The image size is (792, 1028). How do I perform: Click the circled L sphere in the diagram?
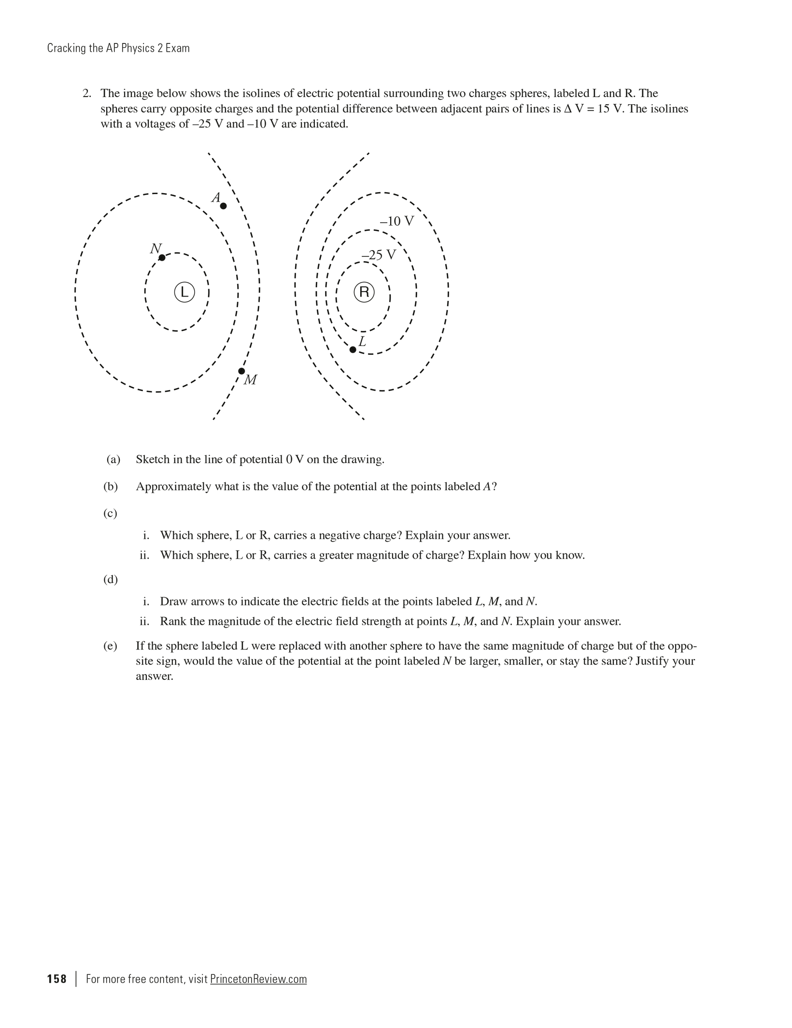184,292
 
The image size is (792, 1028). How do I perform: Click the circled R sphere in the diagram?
364,292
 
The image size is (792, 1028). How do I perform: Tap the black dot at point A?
223,206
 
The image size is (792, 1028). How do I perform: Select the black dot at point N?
162,258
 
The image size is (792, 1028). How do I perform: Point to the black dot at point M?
241,371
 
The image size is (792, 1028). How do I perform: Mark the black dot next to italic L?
353,350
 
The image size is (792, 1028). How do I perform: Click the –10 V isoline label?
396,221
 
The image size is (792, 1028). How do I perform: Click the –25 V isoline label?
379,254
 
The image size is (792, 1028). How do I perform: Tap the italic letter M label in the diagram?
250,380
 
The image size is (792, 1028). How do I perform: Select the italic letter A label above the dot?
216,197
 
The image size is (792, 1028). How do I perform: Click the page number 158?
57,979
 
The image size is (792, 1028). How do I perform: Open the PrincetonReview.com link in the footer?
258,979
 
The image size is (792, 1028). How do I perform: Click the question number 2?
86,93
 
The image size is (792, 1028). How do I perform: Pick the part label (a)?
113,459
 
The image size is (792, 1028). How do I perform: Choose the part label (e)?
110,646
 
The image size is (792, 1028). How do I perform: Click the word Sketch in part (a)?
153,459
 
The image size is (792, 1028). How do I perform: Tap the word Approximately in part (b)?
173,486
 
